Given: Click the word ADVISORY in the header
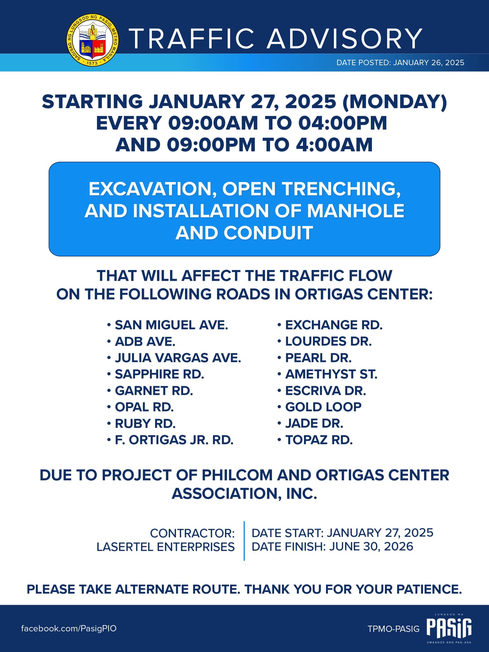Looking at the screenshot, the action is [x=344, y=39].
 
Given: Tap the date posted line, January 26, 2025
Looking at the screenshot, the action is [x=400, y=62].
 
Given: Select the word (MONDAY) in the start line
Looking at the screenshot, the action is [x=394, y=102].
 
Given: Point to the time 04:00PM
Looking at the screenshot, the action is [x=343, y=123].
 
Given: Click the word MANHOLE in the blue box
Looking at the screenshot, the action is [x=355, y=211].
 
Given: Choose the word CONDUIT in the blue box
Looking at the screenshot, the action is [x=268, y=233].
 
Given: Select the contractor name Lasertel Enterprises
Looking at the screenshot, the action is [x=166, y=547].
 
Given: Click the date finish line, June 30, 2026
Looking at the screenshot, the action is [x=332, y=546].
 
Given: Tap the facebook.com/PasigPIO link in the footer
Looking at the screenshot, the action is [x=69, y=628].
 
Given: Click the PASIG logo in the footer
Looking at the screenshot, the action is [x=449, y=628].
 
